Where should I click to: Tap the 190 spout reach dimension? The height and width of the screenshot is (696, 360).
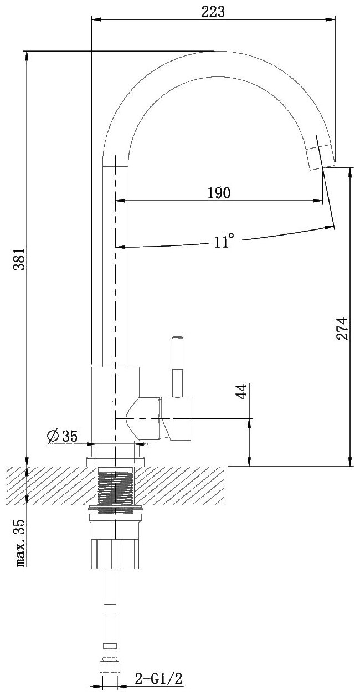point(219,193)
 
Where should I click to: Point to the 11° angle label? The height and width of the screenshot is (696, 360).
point(224,242)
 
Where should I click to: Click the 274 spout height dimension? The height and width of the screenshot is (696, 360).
point(342,328)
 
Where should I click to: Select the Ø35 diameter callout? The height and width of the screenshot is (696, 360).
point(62,436)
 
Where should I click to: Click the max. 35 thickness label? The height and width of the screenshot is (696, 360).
point(20,543)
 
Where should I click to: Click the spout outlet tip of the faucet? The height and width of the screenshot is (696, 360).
point(321,156)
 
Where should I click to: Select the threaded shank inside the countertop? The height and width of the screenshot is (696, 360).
point(116,487)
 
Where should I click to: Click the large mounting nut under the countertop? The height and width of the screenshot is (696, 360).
point(116,554)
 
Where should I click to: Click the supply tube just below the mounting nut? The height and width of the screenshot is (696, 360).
point(110,587)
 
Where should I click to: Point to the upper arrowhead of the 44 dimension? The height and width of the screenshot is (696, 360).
point(250,422)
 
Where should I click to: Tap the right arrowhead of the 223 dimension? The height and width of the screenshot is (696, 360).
point(332,20)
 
